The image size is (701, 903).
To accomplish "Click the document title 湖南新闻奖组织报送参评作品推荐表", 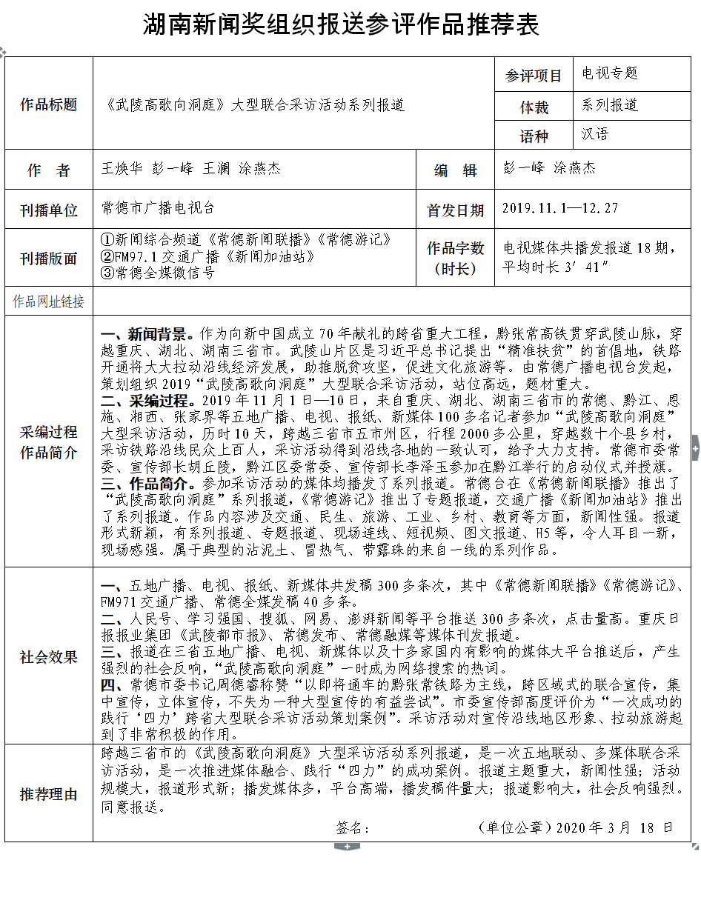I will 341,26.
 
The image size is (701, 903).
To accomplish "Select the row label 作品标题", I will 49,104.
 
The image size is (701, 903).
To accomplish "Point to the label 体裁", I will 534,107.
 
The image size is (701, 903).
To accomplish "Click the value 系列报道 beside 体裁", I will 610,105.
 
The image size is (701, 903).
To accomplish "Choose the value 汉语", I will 596,135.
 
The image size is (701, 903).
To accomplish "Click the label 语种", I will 534,136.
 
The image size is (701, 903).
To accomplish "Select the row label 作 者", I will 49,170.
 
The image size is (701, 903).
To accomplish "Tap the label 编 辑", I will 456,170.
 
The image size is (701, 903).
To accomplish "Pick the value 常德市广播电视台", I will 158,208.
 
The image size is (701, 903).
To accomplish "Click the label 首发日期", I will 456,210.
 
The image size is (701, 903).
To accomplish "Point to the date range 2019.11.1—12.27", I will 560,208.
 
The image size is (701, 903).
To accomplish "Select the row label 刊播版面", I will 49,259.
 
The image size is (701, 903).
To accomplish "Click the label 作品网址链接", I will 49,301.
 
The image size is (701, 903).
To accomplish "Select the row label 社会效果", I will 49,657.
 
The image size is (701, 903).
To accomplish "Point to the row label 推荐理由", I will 49,794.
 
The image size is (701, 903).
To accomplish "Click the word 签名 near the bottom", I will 352,827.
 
